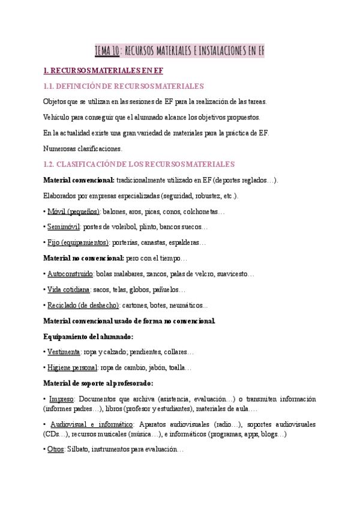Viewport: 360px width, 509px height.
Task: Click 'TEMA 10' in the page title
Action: click(108, 51)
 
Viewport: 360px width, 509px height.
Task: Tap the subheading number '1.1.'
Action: click(51, 86)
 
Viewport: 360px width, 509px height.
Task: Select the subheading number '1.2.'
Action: click(52, 164)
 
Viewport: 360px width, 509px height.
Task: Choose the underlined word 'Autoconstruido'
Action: click(70, 274)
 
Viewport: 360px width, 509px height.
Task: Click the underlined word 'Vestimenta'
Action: click(64, 352)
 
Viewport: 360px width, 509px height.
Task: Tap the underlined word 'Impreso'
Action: click(61, 399)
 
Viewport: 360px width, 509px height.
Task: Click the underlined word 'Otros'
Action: click(56, 449)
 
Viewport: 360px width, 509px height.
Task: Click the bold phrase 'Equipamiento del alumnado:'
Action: click(89, 336)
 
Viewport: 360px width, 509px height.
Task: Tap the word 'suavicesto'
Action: click(235, 274)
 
